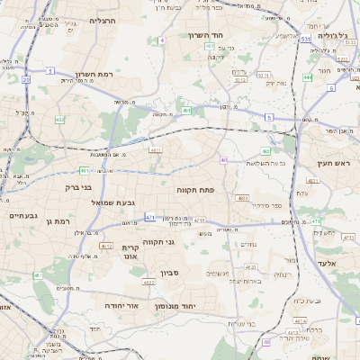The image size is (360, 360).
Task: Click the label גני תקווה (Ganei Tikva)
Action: (x=184, y=241)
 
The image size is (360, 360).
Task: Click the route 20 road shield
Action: (x=26, y=79)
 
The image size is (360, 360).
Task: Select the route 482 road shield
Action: (x=59, y=118)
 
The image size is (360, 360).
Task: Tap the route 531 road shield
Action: (x=307, y=40)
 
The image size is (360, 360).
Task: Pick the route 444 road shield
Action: (x=308, y=78)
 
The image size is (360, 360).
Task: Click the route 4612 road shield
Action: (x=105, y=246)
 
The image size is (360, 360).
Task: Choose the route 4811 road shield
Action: (x=156, y=150)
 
